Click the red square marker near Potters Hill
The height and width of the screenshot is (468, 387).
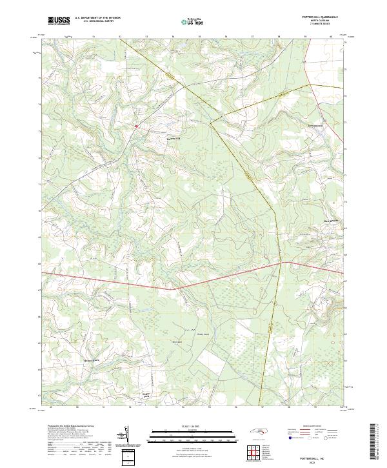[x=137, y=126]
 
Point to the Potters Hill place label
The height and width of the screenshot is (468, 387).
[x=167, y=137]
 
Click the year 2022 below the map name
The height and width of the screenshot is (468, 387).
[x=318, y=460]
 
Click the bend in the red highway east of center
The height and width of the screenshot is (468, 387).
[x=282, y=263]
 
